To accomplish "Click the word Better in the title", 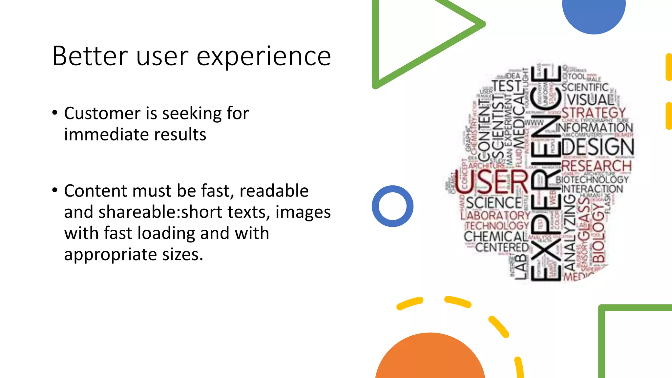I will click(90, 56).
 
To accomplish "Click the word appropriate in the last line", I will click(110, 254).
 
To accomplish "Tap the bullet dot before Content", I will click(55, 190).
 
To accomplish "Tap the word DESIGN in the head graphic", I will click(598, 147).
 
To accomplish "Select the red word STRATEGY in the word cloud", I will click(593, 113).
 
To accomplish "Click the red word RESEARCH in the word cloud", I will click(596, 166).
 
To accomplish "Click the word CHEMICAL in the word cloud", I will click(495, 236).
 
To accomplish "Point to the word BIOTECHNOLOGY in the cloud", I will click(592, 179).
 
